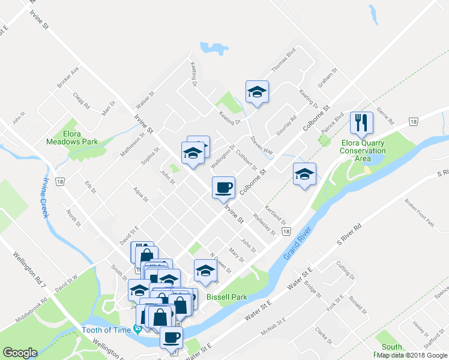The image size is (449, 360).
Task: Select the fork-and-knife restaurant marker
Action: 362,123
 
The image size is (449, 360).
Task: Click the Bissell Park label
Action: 223,296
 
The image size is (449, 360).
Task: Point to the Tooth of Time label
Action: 107,329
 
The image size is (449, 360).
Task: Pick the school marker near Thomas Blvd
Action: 257,92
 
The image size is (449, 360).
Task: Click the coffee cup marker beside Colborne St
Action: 223,187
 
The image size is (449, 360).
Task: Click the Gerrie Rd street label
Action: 388,119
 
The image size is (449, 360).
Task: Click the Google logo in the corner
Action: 20,353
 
